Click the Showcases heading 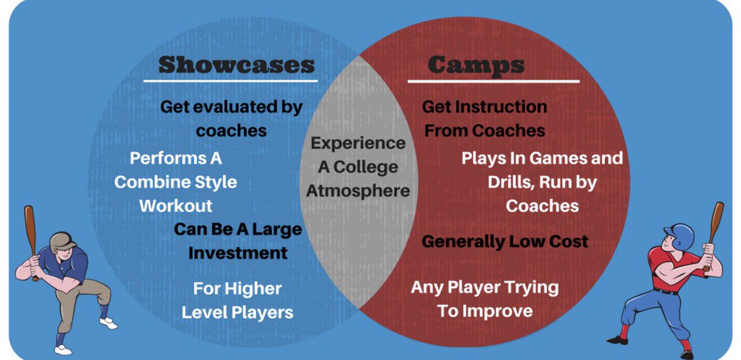pos(237,64)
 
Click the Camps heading pos(475,64)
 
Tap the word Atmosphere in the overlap pos(358,191)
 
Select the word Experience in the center pos(358,143)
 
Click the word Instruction pos(501,107)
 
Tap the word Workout pos(176,206)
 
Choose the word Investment pos(238,253)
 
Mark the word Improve pos(498,311)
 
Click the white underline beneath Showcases pos(230,81)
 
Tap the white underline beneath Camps pos(493,81)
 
